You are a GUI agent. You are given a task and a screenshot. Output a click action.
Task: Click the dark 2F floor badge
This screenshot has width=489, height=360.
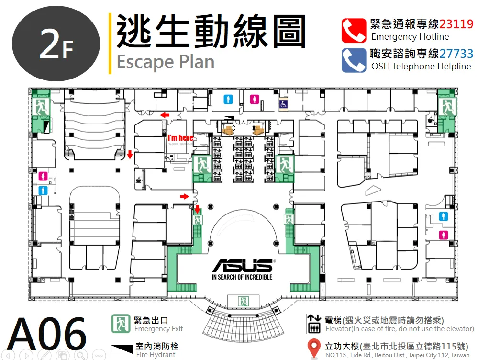point(56,44)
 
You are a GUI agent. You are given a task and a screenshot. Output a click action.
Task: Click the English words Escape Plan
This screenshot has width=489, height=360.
point(166,62)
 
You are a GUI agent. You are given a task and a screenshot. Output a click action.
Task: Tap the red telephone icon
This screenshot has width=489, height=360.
point(354,31)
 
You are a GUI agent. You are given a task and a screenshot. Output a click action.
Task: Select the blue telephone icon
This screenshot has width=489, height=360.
point(354,60)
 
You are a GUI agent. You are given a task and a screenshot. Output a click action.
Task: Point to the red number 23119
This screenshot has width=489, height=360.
point(456,24)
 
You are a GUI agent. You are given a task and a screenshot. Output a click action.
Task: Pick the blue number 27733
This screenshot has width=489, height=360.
point(456,54)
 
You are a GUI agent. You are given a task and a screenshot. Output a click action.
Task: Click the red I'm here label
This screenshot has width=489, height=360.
point(180,137)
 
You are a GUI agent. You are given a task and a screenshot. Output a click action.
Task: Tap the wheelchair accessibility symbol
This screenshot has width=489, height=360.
point(283,104)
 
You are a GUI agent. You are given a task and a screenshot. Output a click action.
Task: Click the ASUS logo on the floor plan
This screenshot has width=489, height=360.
point(243,265)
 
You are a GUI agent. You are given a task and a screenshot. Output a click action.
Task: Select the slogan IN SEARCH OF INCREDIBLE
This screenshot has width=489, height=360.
point(242,277)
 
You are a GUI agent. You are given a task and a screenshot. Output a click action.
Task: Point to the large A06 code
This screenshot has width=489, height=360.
point(47,334)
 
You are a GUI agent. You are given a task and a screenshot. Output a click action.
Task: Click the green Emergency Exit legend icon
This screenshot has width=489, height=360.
point(121,324)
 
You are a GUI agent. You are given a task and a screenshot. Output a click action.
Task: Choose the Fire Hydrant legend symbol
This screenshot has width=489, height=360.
point(122,349)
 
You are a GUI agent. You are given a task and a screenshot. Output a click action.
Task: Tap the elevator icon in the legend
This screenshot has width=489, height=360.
point(314,324)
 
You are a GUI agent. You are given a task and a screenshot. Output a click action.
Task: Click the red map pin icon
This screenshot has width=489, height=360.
point(314,348)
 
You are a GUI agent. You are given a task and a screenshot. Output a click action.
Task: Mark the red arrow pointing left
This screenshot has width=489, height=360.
point(165,115)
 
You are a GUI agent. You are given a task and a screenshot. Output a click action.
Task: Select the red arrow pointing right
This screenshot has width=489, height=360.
point(185,196)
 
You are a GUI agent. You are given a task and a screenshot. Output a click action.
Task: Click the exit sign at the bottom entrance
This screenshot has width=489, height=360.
point(243,302)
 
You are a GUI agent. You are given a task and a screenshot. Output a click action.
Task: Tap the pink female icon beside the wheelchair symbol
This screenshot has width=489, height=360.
point(255,100)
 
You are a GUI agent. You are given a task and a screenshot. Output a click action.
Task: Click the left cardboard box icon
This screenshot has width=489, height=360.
point(229,130)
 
